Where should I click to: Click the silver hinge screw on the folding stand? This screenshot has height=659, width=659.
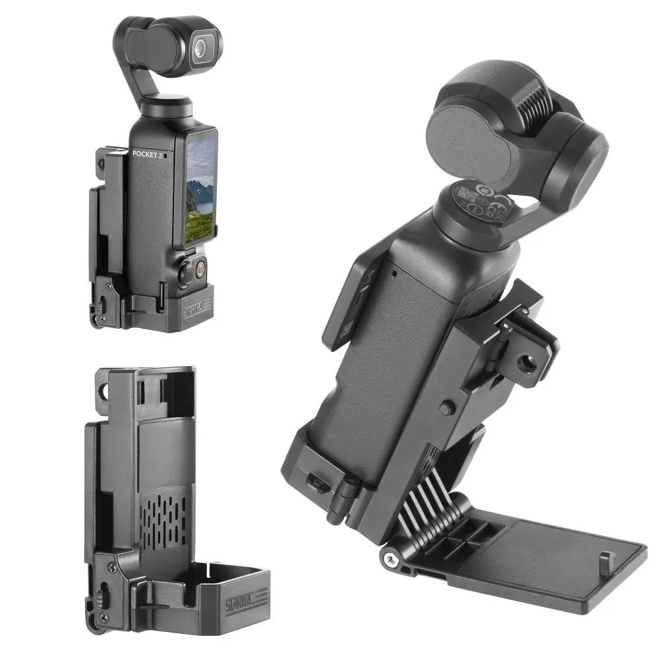[x=391, y=559]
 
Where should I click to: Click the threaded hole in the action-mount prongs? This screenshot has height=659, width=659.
[x=527, y=362]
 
